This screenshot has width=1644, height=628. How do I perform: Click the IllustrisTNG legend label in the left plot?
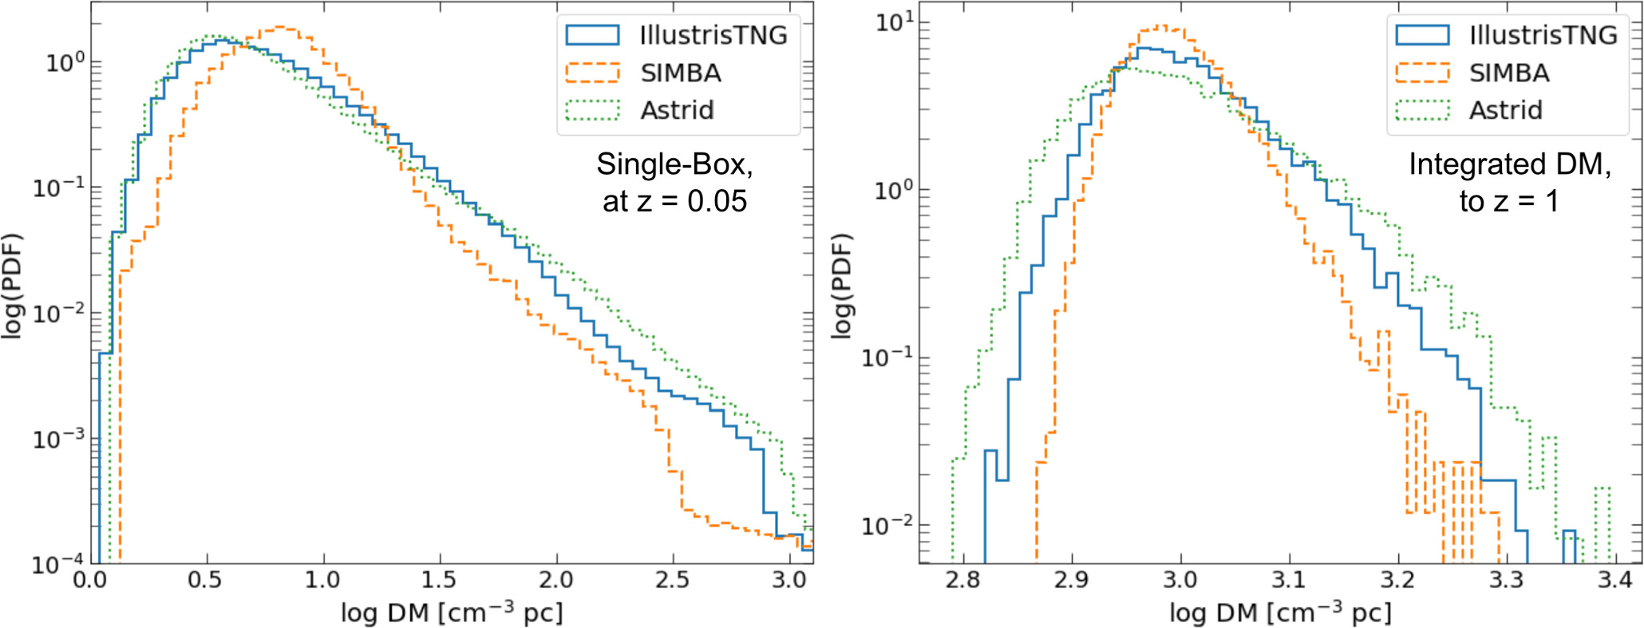point(713,35)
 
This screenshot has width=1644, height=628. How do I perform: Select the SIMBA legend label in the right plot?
point(1509,73)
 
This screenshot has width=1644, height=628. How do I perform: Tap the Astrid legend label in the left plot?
point(677,110)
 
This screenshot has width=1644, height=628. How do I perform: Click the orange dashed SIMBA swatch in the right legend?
point(1422,73)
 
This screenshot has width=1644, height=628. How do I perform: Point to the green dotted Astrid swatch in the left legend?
point(592,110)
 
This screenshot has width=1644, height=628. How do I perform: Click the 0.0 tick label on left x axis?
point(90,580)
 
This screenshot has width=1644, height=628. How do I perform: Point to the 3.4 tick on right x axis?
point(1615,580)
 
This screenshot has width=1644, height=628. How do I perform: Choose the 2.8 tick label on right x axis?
point(962,580)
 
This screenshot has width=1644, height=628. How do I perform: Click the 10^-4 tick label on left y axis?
point(56,564)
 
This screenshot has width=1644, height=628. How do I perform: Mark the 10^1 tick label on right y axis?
point(892,22)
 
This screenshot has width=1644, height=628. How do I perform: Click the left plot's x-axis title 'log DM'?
point(451,613)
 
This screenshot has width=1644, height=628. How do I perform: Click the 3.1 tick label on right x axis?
point(1288,580)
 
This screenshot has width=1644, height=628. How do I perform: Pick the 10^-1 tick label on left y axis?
point(56,188)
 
